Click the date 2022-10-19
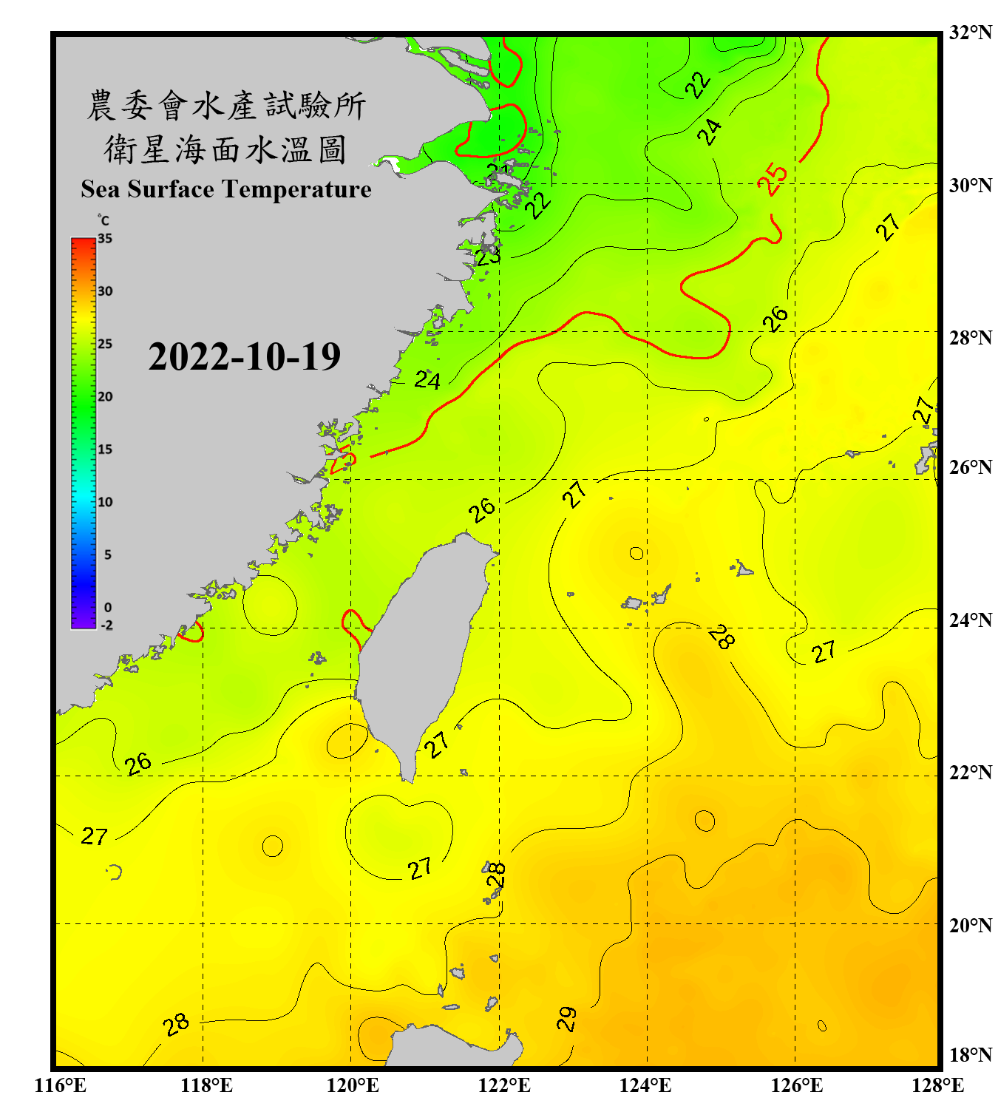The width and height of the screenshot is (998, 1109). pos(244,357)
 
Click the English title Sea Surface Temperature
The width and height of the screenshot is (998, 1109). pos(226,189)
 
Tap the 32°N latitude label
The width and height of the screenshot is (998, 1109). pos(970,33)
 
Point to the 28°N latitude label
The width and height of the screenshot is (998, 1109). pos(970,338)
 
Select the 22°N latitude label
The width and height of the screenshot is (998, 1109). pos(970,773)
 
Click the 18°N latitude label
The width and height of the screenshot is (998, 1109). pos(970,1055)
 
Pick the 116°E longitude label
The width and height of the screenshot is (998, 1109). pos(60,1085)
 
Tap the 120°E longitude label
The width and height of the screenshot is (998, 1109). pos(353,1085)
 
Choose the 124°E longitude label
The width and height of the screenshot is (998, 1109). pos(645,1085)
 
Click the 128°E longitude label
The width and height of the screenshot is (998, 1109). pos(937,1085)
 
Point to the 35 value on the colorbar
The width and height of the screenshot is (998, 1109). pos(105,239)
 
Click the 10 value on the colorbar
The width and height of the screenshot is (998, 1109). pos(105,502)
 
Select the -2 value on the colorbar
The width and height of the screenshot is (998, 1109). pos(106,625)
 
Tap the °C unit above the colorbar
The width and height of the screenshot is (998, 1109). pos(103,220)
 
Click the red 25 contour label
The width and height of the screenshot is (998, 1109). pos(773,179)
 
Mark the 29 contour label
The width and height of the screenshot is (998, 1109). pos(566,1019)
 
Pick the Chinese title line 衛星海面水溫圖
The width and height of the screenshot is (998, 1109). pos(225,149)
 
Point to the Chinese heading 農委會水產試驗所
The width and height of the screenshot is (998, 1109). pos(226,105)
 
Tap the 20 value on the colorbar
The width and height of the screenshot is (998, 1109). pos(105,397)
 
